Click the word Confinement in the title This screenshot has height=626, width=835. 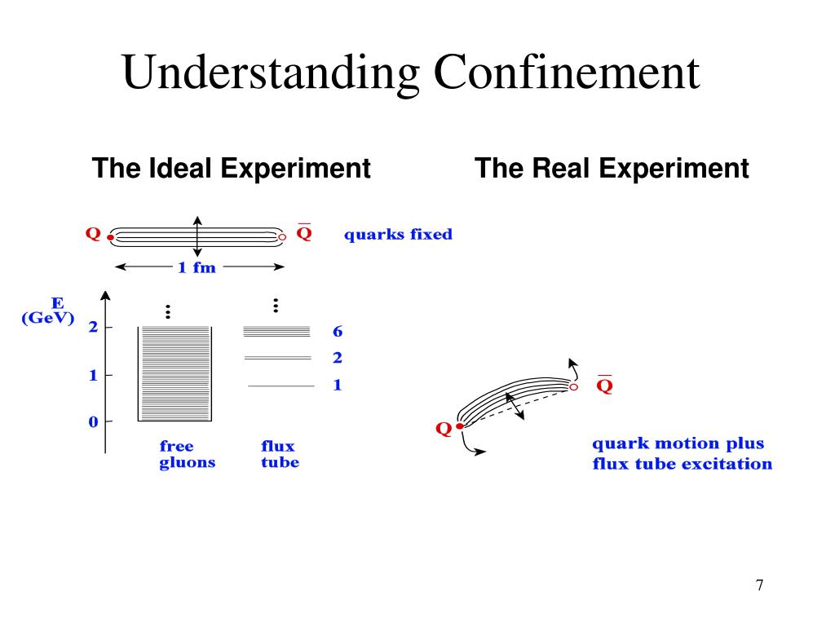click(x=567, y=72)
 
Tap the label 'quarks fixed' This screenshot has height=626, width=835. click(x=398, y=235)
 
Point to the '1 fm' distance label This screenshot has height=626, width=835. click(x=197, y=267)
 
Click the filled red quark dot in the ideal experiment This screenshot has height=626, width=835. click(x=110, y=237)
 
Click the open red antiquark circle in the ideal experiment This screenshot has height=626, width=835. click(x=282, y=237)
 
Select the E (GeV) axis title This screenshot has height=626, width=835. click(x=48, y=311)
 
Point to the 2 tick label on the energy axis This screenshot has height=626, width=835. click(x=93, y=327)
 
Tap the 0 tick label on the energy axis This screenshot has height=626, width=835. click(x=93, y=422)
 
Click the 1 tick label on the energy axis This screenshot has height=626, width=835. click(x=93, y=375)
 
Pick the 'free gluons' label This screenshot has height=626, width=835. click(x=187, y=454)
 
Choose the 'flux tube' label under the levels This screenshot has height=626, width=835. click(x=281, y=454)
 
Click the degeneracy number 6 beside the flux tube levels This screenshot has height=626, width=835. click(x=337, y=332)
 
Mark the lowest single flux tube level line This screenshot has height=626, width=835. click(x=281, y=386)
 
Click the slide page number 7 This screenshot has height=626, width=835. click(x=759, y=585)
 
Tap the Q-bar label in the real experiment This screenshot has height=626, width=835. click(x=604, y=384)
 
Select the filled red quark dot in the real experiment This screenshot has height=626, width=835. click(x=460, y=425)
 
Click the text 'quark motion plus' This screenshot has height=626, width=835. click(x=678, y=444)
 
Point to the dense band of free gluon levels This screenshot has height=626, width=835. click(x=175, y=373)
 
